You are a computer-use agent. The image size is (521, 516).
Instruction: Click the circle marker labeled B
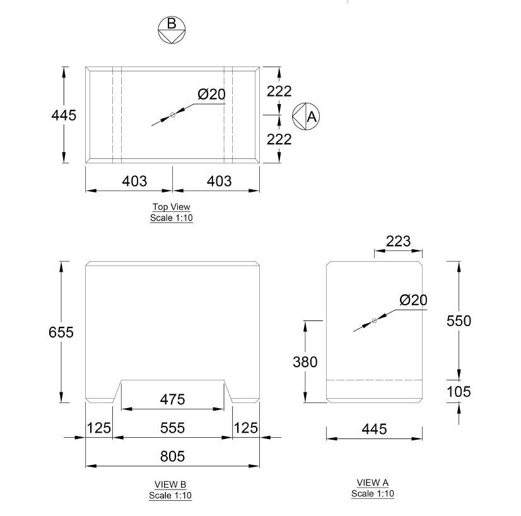pos(172,30)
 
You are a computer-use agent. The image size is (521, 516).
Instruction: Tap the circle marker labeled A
pos(307,116)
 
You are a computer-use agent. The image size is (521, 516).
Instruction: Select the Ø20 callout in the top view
pos(211,95)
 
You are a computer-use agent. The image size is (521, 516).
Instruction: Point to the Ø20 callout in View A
pos(413,300)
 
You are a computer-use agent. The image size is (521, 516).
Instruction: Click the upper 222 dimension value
pos(279,91)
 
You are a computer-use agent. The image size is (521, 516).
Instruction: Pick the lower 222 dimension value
pos(279,139)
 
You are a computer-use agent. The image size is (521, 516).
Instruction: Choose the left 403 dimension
pos(134,181)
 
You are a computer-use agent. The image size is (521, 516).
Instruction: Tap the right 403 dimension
pos(219,181)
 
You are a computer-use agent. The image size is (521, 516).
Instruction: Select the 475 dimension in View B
pos(172,399)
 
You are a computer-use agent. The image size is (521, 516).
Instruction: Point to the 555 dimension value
pos(172,428)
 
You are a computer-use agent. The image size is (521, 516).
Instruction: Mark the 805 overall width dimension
pos(172,455)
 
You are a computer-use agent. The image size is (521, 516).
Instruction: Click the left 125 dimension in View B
pos(98,428)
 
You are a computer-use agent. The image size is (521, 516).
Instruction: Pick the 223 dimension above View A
pos(398,241)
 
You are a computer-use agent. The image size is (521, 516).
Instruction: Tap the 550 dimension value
pos(459,320)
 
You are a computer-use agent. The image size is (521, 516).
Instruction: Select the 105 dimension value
pos(459,392)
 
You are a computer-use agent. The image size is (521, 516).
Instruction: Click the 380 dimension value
pos(305,362)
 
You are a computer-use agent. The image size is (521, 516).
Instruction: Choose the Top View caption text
pos(171,207)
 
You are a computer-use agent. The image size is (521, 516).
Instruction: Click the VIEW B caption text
pos(170,484)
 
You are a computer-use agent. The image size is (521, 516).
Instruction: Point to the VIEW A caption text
pos(373,483)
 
